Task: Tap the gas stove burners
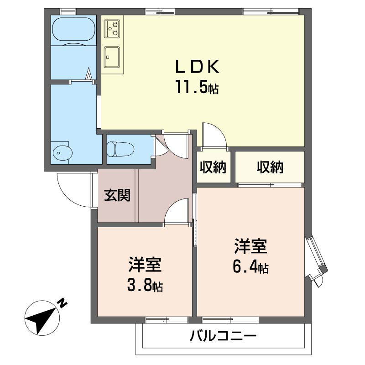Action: [112, 29]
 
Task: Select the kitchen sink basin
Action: [112, 57]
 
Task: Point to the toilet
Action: [120, 149]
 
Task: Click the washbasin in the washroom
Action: [63, 153]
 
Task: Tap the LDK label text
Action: [197, 67]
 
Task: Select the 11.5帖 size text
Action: [197, 87]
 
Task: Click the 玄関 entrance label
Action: [117, 195]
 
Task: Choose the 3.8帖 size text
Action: [145, 285]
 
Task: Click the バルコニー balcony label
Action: [223, 336]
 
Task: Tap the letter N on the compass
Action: [63, 303]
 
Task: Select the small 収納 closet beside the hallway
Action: [213, 167]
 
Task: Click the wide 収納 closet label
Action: [270, 167]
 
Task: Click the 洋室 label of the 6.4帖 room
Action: [250, 246]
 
